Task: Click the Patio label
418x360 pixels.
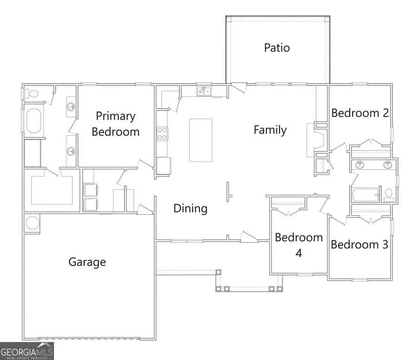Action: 277,47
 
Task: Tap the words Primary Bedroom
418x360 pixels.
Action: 115,124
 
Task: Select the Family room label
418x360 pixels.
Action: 270,130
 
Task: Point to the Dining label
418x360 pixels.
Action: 190,208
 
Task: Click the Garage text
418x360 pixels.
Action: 87,262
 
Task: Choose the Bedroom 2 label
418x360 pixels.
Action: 359,113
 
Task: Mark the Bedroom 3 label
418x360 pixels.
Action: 359,244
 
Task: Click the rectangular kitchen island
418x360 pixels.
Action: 201,140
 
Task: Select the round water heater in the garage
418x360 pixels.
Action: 33,223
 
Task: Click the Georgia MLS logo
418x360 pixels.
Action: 27,351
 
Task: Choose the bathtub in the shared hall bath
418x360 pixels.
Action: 366,195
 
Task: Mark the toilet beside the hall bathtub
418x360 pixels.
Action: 388,195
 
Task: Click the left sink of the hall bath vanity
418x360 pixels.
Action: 359,164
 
